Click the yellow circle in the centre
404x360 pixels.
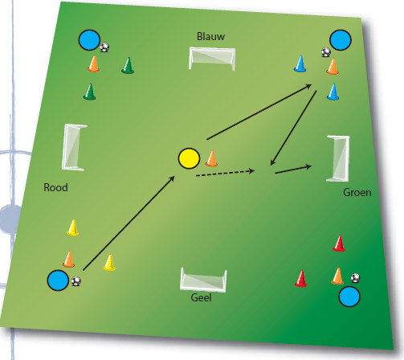pyautogui.click(x=189, y=158)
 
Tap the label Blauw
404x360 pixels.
pyautogui.click(x=210, y=36)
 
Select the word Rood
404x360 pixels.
pyautogui.click(x=55, y=187)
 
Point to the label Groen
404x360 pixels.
pyautogui.click(x=357, y=192)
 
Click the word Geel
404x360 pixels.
pyautogui.click(x=201, y=297)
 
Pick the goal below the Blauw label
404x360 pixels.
pyautogui.click(x=212, y=59)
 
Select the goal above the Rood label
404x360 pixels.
pyautogui.click(x=73, y=147)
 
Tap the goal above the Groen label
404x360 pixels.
pyautogui.click(x=338, y=158)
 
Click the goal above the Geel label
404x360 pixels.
pyautogui.click(x=203, y=280)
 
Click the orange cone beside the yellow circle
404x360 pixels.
pyautogui.click(x=211, y=158)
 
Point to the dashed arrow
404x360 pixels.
pyautogui.click(x=225, y=173)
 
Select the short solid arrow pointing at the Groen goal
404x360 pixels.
pyautogui.click(x=293, y=170)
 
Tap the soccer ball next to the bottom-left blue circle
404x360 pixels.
pyautogui.click(x=76, y=281)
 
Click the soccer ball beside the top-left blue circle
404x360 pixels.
pyautogui.click(x=104, y=47)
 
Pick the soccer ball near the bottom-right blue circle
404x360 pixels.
pyautogui.click(x=355, y=278)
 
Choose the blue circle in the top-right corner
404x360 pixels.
pyautogui.click(x=341, y=40)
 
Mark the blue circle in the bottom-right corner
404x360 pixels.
pyautogui.click(x=349, y=297)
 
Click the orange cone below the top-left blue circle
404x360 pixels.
pyautogui.click(x=93, y=64)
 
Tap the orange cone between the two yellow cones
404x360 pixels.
pyautogui.click(x=68, y=260)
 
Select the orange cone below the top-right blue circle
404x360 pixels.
pyautogui.click(x=333, y=67)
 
